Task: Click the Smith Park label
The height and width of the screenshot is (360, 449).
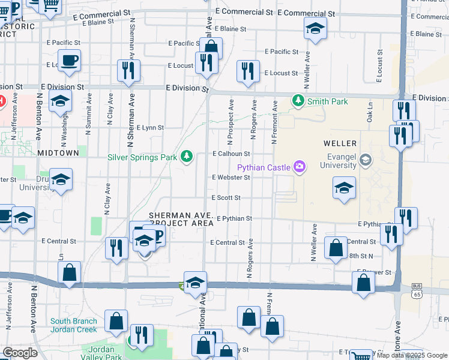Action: pos(327,101)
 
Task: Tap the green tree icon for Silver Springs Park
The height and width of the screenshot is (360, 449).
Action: pos(187,157)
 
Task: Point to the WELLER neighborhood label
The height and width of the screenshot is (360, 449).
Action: pos(340,143)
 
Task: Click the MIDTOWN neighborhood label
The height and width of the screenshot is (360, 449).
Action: pos(58,153)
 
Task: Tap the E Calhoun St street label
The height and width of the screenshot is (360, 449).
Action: pos(231,154)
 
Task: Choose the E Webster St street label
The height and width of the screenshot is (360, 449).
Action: pos(231,177)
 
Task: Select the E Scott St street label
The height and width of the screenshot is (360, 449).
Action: pos(226,197)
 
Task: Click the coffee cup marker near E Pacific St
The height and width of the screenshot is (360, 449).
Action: pos(70,61)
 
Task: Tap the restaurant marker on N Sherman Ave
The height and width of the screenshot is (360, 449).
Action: pos(128,70)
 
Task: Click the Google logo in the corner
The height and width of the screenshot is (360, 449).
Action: pos(20,353)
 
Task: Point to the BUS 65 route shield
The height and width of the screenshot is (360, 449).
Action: pos(417,291)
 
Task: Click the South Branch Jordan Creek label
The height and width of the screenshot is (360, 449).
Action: pos(73,325)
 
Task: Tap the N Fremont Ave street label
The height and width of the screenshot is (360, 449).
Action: pos(274,122)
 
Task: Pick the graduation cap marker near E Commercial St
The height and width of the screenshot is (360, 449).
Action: pos(315,28)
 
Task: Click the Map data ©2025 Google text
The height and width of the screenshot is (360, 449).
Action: pos(412,355)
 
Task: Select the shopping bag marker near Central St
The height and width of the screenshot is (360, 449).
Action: pos(336,247)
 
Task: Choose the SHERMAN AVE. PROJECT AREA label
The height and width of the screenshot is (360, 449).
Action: pos(181,218)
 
